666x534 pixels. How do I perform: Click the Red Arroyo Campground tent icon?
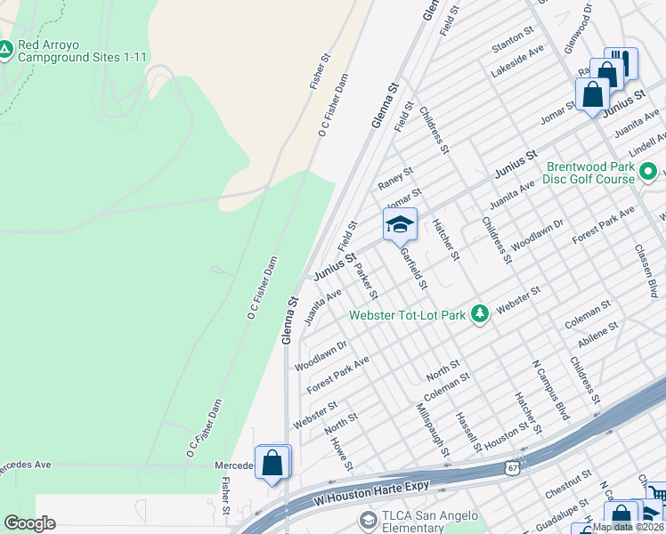click(x=5, y=50)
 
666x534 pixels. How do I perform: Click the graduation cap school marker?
click(x=400, y=224)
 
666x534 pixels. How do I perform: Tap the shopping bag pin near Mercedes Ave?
click(x=272, y=462)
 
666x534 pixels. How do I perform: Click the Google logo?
click(x=29, y=523)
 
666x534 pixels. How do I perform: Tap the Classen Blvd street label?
click(x=646, y=271)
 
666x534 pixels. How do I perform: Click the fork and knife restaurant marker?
click(x=621, y=62)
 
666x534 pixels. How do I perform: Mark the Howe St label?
click(x=342, y=452)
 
